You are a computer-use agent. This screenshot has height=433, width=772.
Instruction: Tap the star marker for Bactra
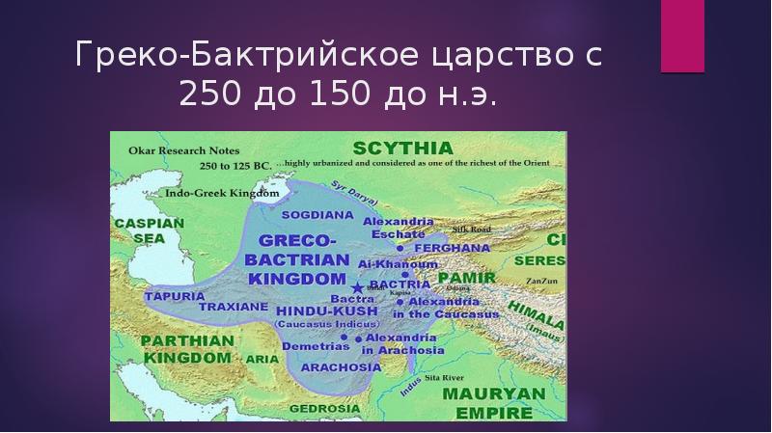click(x=358, y=287)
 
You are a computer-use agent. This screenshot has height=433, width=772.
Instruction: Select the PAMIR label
click(x=466, y=278)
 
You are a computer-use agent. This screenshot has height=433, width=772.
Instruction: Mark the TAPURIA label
click(x=174, y=295)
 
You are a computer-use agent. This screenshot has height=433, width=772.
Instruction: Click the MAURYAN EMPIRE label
click(x=490, y=402)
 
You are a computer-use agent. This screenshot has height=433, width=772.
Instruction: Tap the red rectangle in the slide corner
click(x=681, y=36)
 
